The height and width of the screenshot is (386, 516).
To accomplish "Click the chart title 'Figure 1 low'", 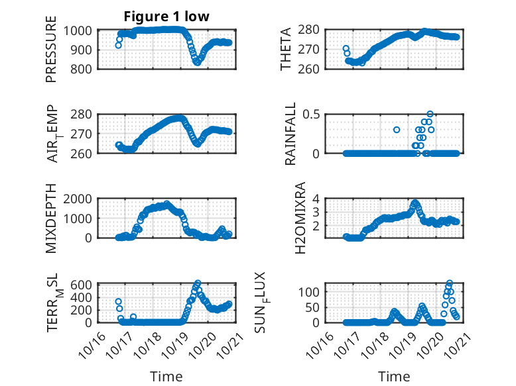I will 166,17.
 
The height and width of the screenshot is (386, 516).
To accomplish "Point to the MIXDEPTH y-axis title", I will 51,218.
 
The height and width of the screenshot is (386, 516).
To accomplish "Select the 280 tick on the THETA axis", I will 312,30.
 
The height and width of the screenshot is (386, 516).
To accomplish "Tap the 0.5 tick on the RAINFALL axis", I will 312,114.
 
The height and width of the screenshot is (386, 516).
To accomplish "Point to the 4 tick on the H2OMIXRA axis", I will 317,199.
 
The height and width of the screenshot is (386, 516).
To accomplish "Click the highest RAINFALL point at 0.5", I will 430,114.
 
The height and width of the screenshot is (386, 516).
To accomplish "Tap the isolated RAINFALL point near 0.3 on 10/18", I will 397,130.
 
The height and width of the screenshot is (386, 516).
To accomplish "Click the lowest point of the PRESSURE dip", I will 197,63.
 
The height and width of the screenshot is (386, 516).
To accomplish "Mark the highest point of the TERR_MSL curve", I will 198,283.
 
